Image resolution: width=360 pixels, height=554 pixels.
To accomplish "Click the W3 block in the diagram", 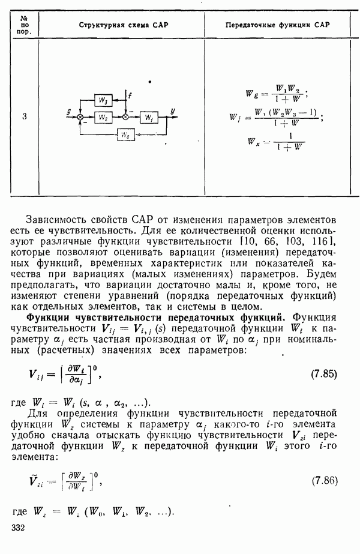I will pos(104,98).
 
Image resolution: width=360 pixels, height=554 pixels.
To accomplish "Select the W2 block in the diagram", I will pos(104,116).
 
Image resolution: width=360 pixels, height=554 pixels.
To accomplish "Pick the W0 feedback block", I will pos(125,135).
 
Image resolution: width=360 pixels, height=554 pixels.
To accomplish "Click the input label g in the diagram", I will pos(70,111).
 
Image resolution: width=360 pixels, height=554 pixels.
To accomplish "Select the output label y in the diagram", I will pos(173,111).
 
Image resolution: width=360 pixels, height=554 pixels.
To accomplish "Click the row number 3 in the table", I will pos(24,116).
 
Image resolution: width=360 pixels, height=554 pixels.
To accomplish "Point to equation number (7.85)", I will pos(324,374).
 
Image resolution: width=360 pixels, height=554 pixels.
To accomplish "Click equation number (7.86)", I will pos(324,481).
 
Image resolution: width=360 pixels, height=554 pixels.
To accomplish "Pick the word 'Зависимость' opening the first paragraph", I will pos(58,219).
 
